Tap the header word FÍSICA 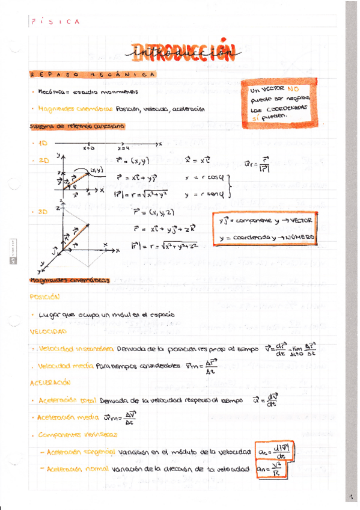click(x=55, y=22)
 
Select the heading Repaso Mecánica click(x=93, y=75)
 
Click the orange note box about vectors click(x=279, y=103)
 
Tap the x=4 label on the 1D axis click(x=123, y=148)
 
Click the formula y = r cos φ click(x=204, y=179)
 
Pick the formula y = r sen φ click(x=204, y=194)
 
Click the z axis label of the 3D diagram click(x=56, y=206)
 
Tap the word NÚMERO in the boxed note click(x=299, y=238)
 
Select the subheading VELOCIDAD click(x=48, y=331)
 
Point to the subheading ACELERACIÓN click(x=50, y=382)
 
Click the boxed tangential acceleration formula click(x=273, y=451)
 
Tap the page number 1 click(x=350, y=497)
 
